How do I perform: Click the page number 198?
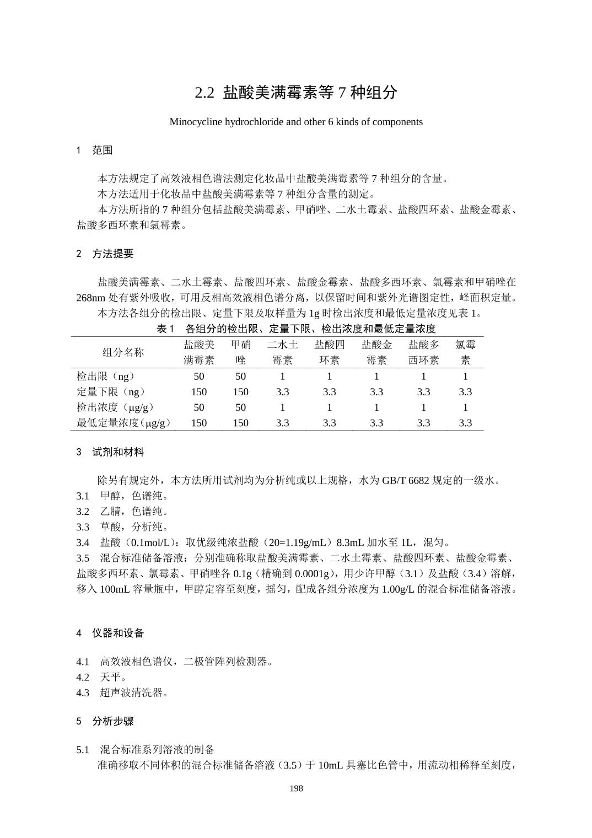296,788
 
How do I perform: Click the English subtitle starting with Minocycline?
296,122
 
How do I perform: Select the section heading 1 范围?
95,150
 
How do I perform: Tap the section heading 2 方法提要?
105,254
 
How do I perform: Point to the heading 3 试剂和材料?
110,452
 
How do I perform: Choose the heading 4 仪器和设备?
110,633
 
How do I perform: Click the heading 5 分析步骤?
105,721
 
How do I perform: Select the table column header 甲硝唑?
240,352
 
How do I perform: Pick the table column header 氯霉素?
465,352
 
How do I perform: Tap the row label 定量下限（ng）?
111,392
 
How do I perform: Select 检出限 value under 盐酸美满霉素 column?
199,377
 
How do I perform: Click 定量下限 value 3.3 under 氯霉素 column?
465,392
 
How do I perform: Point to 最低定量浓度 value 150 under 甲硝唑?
240,423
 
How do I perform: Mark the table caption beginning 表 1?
296,329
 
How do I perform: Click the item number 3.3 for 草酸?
83,527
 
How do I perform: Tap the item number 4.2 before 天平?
83,677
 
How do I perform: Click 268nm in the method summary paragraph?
90,298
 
